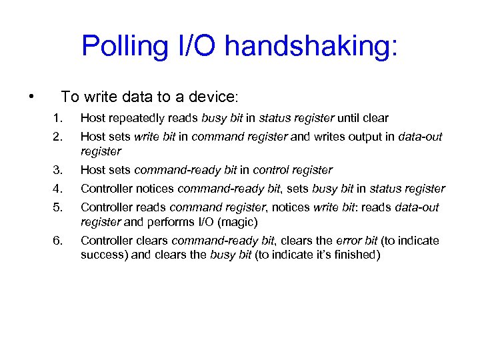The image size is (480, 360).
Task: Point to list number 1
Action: pos(58,119)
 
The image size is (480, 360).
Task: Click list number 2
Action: pos(58,137)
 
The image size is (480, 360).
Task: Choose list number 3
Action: pos(58,170)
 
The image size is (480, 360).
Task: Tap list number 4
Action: pos(58,189)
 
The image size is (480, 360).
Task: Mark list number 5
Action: pos(58,207)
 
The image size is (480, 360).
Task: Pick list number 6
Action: pos(58,241)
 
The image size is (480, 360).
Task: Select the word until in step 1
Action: pos(351,119)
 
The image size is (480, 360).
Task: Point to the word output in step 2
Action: pos(364,137)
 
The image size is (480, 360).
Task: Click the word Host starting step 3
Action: pos(92,170)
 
